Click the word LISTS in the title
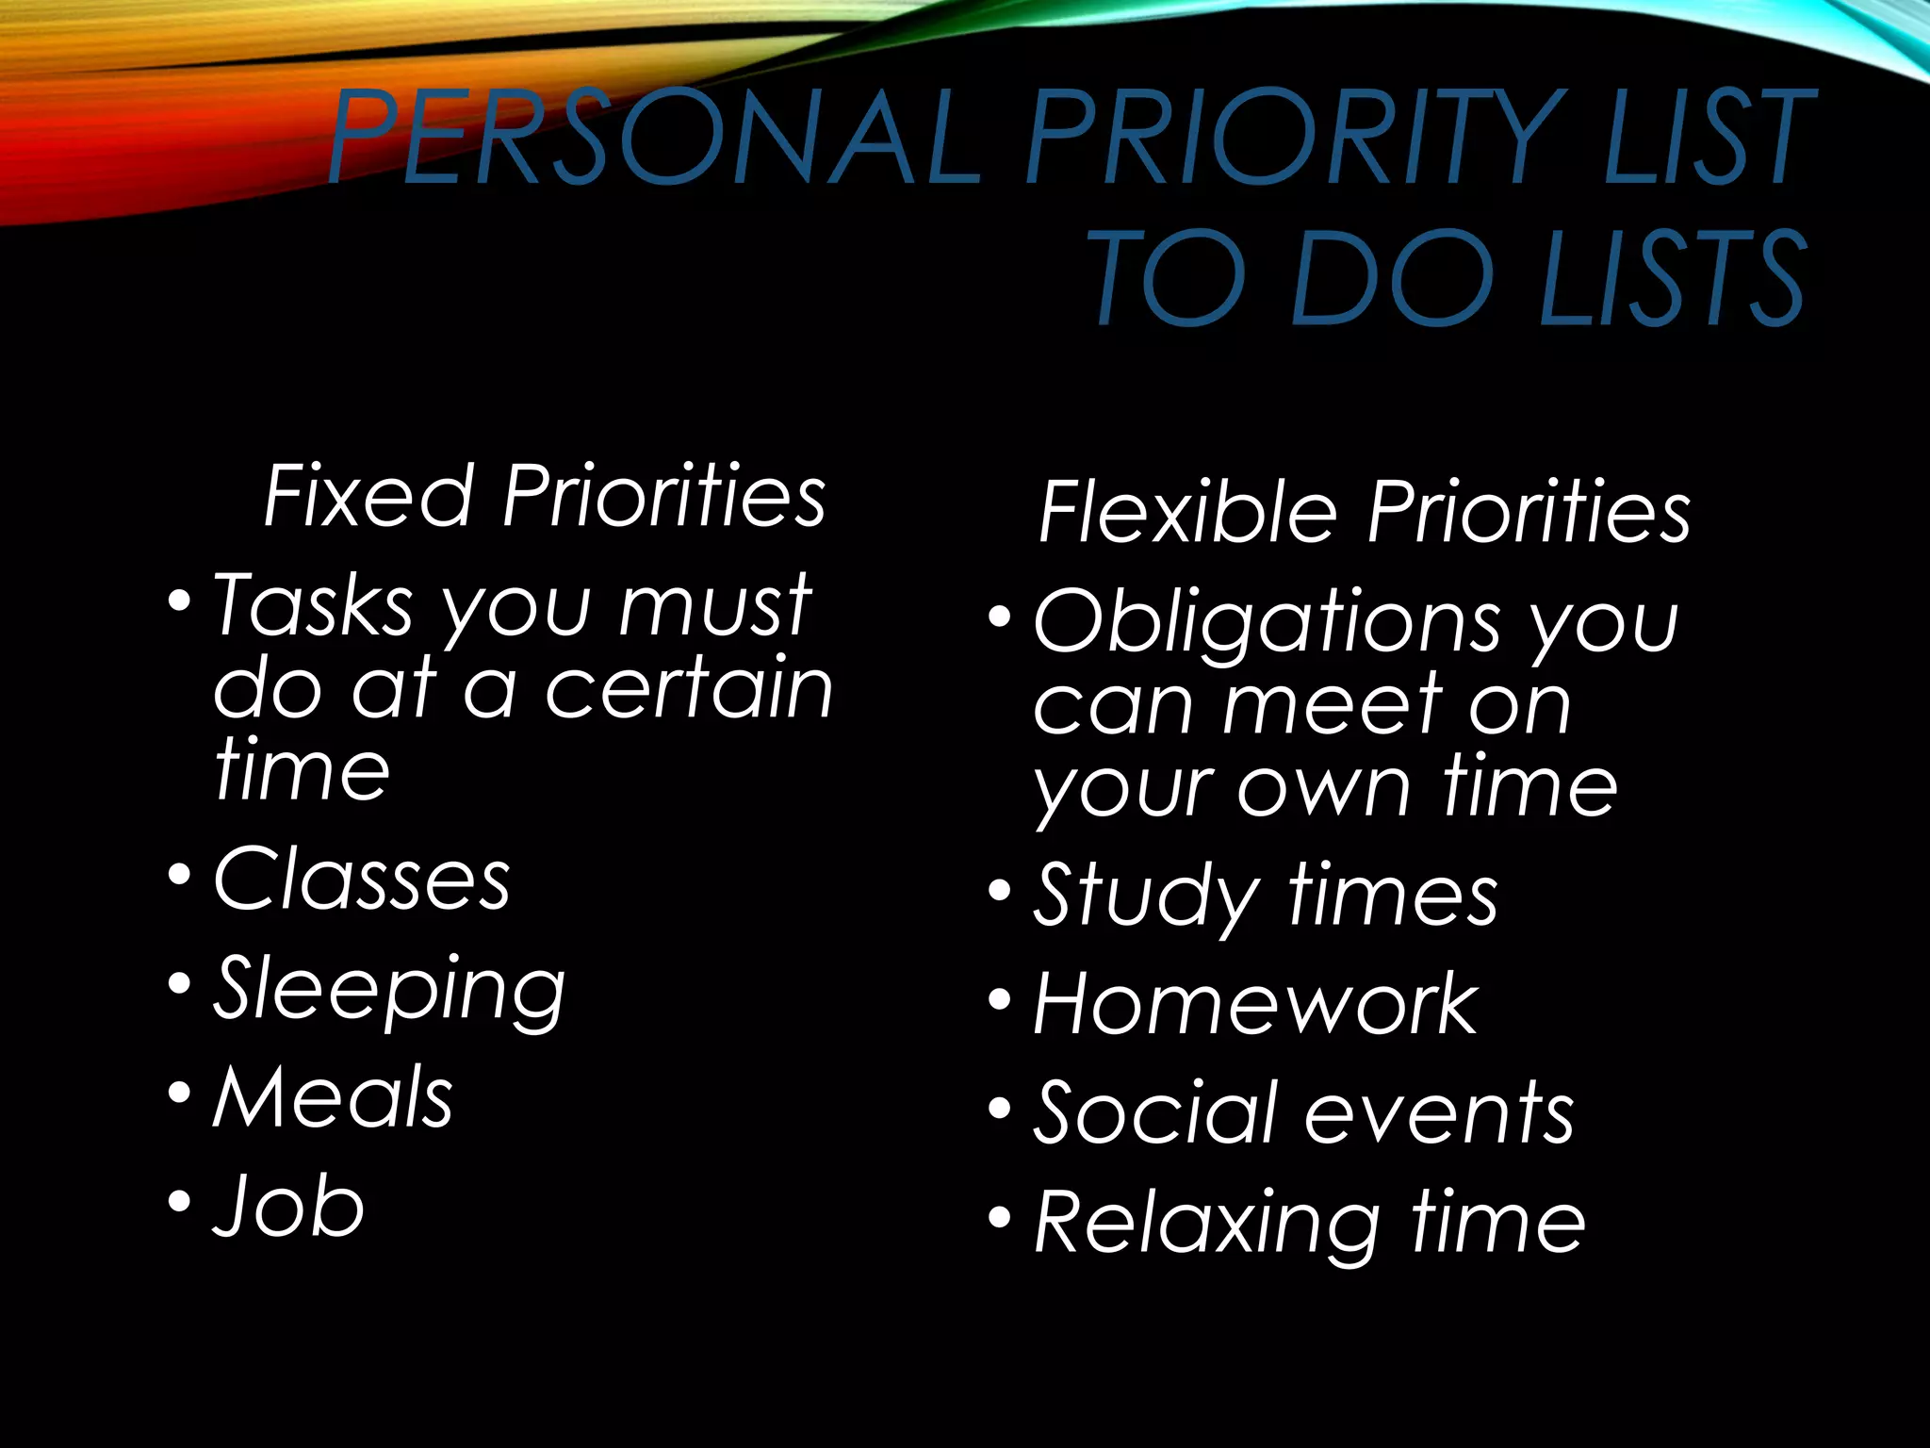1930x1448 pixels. tap(1672, 279)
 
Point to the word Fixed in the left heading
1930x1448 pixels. tap(368, 496)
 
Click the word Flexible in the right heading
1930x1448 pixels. tap(1187, 512)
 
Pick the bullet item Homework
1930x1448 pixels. tap(1255, 1005)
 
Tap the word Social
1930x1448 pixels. tap(1153, 1113)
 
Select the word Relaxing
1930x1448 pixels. tap(1207, 1223)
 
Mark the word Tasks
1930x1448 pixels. tap(313, 606)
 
